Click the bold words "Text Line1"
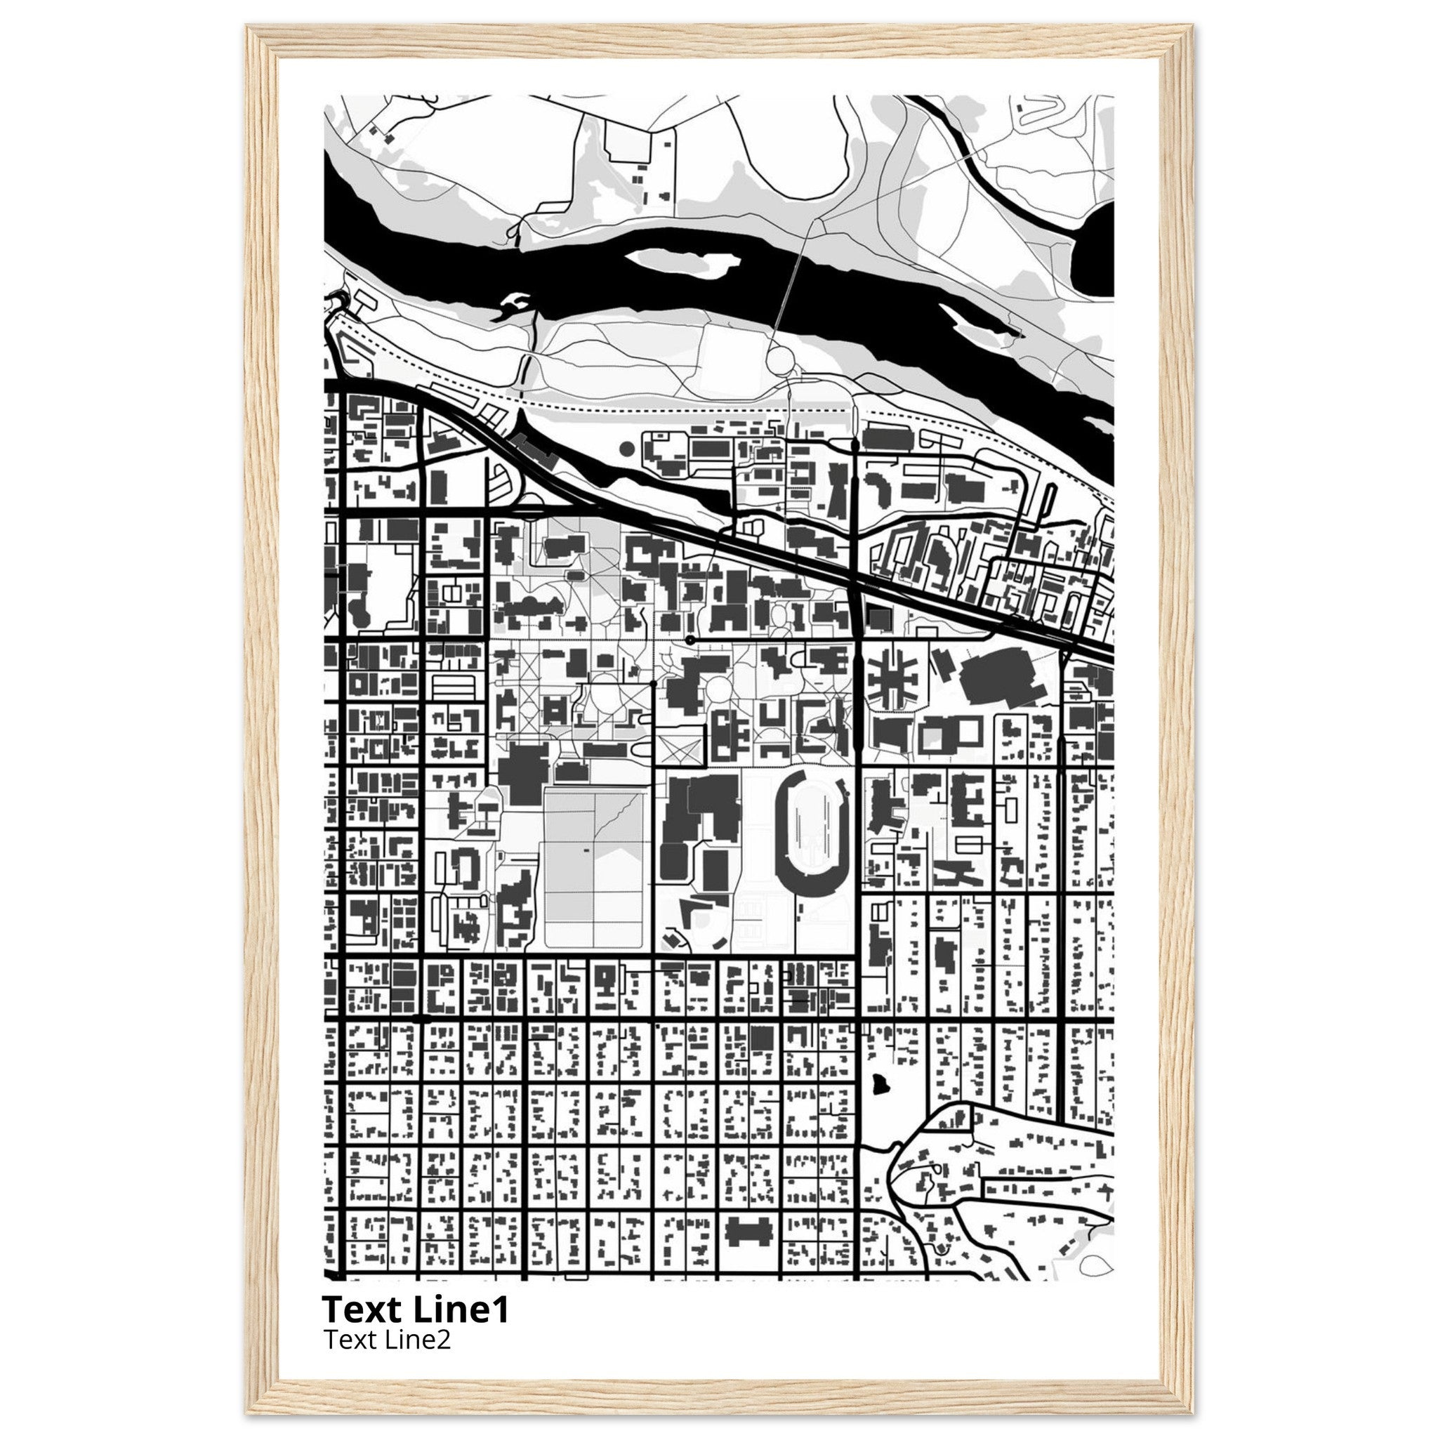(x=416, y=1310)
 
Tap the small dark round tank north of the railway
(x=627, y=448)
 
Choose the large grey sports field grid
(x=594, y=868)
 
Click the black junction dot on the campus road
(x=690, y=640)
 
